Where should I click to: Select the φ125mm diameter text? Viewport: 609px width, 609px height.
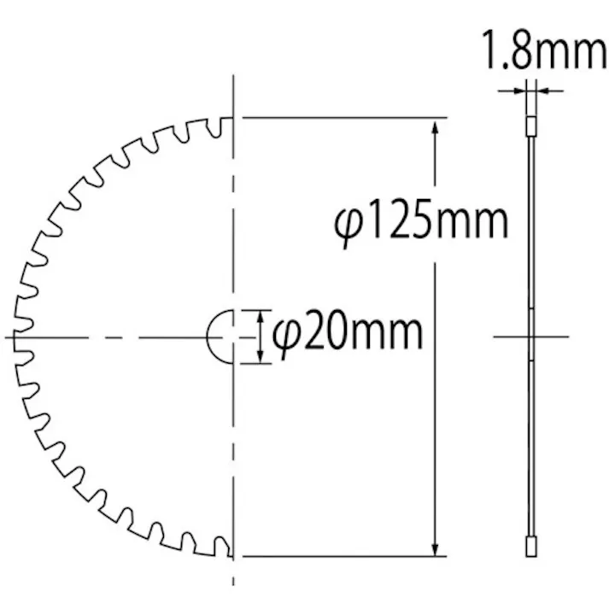[x=421, y=222]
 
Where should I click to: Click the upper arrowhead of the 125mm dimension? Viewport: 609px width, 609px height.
[x=436, y=129]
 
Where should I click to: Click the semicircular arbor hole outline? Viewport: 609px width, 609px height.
[x=215, y=337]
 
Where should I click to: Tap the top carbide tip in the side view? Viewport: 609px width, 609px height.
[x=531, y=126]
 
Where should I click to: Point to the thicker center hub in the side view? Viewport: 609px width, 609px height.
[x=531, y=336]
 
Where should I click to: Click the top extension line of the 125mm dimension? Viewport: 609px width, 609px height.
[x=342, y=117]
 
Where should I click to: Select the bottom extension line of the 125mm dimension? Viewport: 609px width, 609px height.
[x=342, y=556]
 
